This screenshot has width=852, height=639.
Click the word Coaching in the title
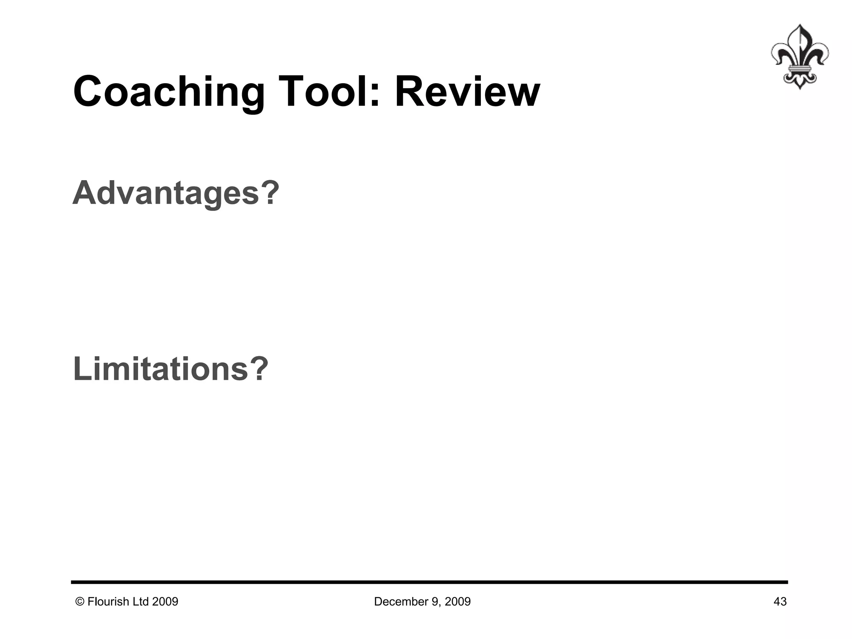click(x=168, y=92)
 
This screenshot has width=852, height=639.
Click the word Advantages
click(x=166, y=193)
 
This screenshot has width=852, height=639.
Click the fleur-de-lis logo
click(x=799, y=57)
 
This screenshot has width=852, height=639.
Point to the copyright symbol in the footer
click(x=80, y=602)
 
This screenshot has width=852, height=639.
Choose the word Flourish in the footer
click(x=108, y=602)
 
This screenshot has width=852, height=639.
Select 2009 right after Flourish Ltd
click(x=165, y=602)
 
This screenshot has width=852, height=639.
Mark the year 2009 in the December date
click(x=458, y=602)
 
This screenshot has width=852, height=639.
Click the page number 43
click(x=780, y=602)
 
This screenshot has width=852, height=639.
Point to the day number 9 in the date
click(x=430, y=602)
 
